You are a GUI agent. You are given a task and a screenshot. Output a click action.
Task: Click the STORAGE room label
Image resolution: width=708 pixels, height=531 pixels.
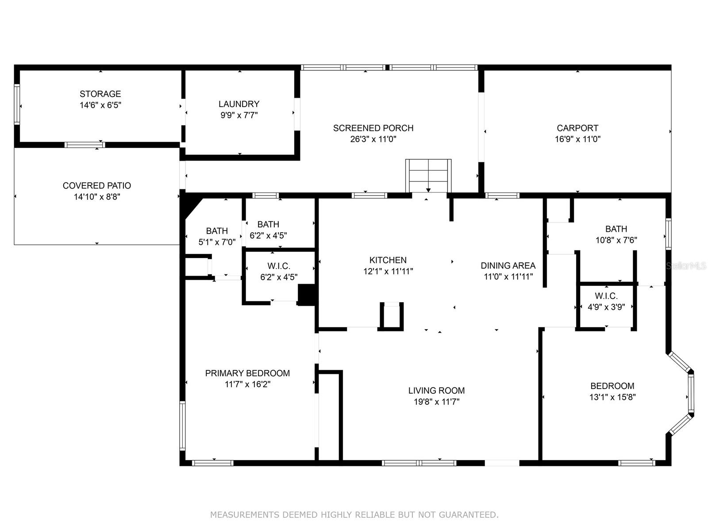click(100, 94)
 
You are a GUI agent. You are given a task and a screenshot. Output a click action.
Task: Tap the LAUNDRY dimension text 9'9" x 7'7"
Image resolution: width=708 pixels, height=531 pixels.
click(239, 115)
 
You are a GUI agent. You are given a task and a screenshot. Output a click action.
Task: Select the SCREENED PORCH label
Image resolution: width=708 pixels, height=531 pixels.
click(373, 128)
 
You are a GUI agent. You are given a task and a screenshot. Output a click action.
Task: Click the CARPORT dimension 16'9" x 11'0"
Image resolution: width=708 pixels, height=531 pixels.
click(577, 139)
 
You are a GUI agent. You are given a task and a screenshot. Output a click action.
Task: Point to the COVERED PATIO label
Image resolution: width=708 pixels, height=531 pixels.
click(96, 185)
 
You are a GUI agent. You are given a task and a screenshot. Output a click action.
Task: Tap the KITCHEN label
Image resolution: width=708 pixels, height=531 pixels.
click(388, 260)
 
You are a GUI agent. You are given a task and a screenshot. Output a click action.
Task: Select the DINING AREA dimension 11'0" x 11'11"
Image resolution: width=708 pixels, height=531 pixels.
click(508, 277)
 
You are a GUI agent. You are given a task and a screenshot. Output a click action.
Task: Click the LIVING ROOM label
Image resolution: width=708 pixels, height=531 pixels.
click(436, 390)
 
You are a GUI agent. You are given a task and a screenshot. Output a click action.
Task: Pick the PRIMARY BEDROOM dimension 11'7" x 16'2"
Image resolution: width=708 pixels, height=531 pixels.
click(247, 385)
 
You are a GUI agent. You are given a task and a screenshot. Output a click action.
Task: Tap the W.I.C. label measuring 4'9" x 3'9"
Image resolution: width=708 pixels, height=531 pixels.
click(606, 296)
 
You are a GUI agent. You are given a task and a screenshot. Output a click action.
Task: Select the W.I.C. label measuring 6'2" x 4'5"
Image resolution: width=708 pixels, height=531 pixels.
click(279, 266)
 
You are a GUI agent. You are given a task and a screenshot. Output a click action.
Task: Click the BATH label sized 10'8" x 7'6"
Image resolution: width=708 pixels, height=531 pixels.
click(616, 229)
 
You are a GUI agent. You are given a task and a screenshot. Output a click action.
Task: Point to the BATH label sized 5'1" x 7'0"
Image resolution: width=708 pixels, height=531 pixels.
click(217, 231)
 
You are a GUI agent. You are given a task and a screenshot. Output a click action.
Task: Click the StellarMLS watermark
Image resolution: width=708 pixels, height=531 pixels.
click(685, 266)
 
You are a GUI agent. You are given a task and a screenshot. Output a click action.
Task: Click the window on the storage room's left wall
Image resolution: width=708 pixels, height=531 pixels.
click(17, 104)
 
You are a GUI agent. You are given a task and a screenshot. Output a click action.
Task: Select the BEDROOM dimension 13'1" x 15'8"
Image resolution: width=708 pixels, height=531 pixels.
click(612, 397)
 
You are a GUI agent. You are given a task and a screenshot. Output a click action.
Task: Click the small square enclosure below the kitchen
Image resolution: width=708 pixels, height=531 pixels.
click(392, 316)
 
